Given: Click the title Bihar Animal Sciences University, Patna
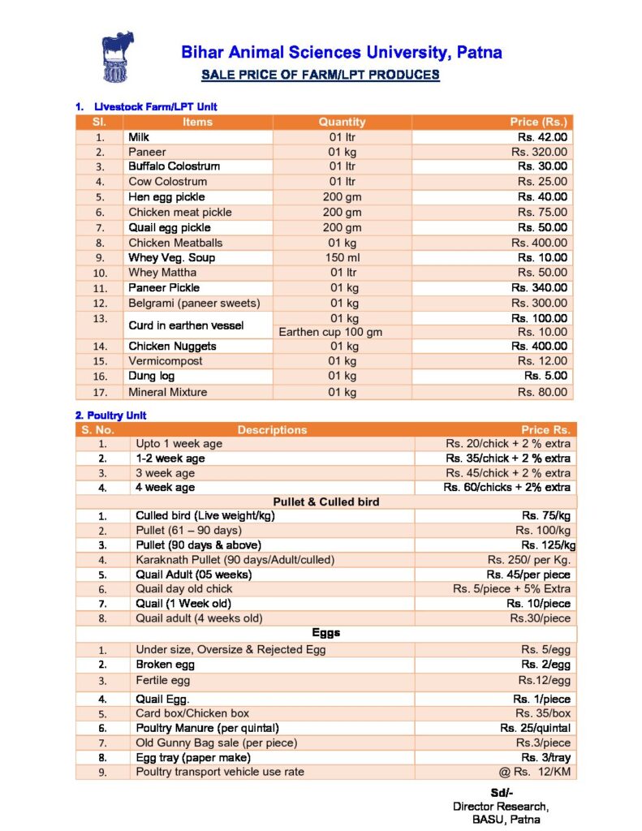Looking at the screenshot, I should tap(342, 54).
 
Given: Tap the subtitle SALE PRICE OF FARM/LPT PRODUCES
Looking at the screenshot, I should tap(320, 75).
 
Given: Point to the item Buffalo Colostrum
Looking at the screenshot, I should tap(174, 166).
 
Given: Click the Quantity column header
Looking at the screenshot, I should tap(342, 122).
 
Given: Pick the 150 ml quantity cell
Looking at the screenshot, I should tap(342, 257).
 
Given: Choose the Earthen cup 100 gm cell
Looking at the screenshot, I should tap(342, 332).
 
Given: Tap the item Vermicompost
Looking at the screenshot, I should tap(166, 361).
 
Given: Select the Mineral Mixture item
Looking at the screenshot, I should tap(167, 392).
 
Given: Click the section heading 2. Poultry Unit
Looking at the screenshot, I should tap(110, 415).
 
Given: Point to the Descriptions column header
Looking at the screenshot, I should tap(272, 430).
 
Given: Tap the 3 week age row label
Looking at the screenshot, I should tap(165, 473).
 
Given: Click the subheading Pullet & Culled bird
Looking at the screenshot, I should tap(326, 502).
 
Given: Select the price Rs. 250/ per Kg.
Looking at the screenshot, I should tap(528, 560).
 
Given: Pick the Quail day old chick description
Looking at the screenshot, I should tap(183, 589).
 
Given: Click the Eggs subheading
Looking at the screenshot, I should tap(325, 632).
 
